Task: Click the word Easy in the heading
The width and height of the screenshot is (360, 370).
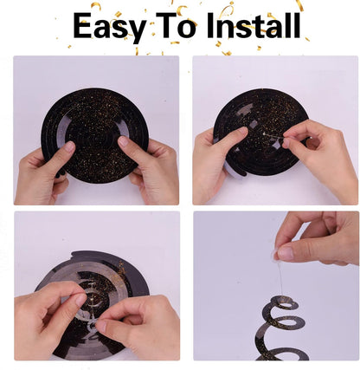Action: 109,27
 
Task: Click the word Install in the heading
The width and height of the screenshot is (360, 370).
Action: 254,25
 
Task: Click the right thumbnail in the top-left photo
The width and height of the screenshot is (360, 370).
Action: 124,141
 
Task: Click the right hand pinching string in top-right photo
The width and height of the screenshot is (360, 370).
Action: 318,158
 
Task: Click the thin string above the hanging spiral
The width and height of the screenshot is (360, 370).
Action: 280,278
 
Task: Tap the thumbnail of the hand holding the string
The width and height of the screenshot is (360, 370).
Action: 285,253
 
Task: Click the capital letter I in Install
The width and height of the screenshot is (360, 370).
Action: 210,26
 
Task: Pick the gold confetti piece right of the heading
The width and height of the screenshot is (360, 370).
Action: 307,40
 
